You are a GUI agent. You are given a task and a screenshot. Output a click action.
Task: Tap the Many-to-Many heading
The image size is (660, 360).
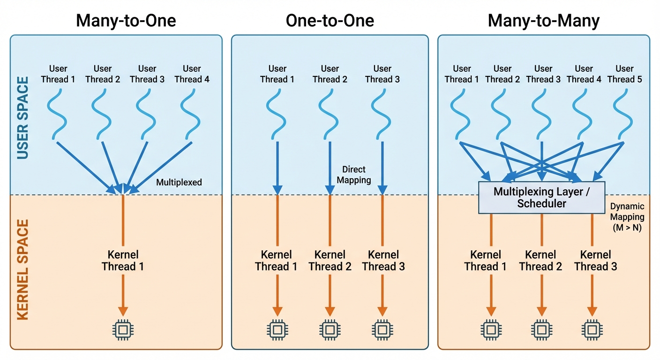[x=544, y=21]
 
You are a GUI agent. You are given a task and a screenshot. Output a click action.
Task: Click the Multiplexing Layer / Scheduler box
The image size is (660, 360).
[x=541, y=197]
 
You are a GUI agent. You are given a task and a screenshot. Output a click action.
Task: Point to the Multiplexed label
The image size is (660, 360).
[x=179, y=182]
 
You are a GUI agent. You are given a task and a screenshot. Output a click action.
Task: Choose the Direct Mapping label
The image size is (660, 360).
[x=354, y=174]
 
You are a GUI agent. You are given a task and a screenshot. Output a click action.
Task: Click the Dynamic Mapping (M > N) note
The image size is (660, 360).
[x=627, y=217]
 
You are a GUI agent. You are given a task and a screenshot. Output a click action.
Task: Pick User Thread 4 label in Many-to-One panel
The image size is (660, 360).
[x=192, y=74]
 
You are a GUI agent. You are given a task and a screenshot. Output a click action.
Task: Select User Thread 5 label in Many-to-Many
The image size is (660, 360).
[x=624, y=74]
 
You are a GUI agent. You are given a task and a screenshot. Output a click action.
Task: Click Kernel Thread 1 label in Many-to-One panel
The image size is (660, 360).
[x=123, y=261]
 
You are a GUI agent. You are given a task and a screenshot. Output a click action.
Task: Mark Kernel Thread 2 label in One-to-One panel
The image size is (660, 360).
[x=330, y=261]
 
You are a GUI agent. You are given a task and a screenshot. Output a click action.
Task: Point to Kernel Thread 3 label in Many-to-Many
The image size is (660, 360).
[x=595, y=261]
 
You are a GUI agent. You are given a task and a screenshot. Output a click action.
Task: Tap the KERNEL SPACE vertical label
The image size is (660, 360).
[x=23, y=269]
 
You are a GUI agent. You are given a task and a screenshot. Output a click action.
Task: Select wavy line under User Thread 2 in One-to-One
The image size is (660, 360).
[x=330, y=113]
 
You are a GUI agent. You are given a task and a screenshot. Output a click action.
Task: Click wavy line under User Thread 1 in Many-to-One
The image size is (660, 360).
[x=58, y=113]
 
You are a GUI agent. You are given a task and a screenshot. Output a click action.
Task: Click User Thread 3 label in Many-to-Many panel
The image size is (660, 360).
[x=543, y=74]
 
